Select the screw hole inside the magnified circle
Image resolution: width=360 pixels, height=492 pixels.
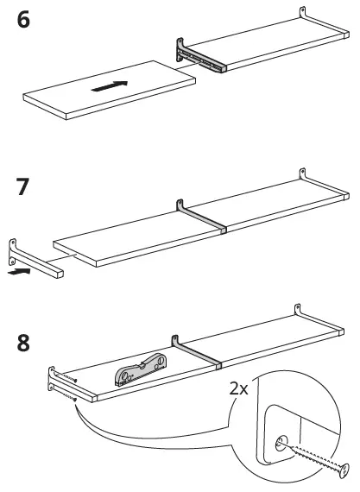(x=280, y=443)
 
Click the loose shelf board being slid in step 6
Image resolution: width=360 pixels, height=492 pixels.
(x=108, y=90)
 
